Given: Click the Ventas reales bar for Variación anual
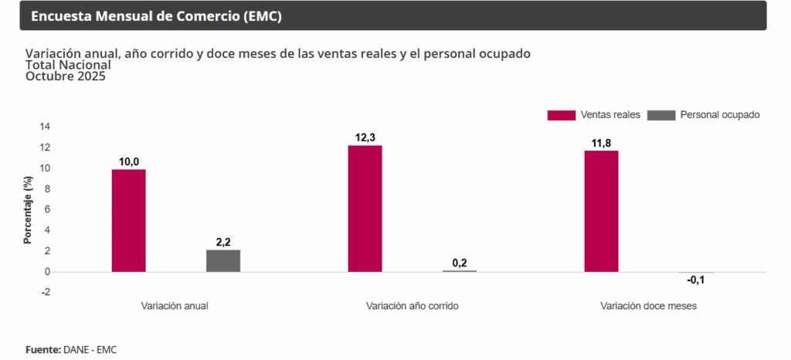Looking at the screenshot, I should [x=128, y=220].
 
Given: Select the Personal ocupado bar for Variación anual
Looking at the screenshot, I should [x=222, y=260].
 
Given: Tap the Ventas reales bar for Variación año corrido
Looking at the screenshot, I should [x=365, y=209].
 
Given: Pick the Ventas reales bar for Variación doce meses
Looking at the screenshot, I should [x=601, y=211].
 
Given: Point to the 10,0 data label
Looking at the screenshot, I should [x=129, y=161].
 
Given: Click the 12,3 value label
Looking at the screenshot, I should [x=365, y=138].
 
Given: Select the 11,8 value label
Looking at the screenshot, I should [x=601, y=143].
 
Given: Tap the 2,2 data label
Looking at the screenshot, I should [x=223, y=242].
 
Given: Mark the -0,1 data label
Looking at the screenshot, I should [x=696, y=280].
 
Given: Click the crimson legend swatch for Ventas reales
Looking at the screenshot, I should [x=561, y=115].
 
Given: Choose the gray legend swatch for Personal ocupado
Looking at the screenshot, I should [x=661, y=115].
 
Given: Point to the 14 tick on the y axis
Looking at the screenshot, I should [x=45, y=127].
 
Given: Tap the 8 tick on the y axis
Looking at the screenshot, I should [x=47, y=189].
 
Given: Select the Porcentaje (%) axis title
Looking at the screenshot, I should [x=28, y=209].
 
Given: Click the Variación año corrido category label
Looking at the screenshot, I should [x=412, y=306].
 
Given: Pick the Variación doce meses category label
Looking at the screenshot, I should [x=648, y=306].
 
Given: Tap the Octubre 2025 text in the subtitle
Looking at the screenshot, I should [x=66, y=76].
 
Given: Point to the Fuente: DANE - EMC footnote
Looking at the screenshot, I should [x=70, y=349].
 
